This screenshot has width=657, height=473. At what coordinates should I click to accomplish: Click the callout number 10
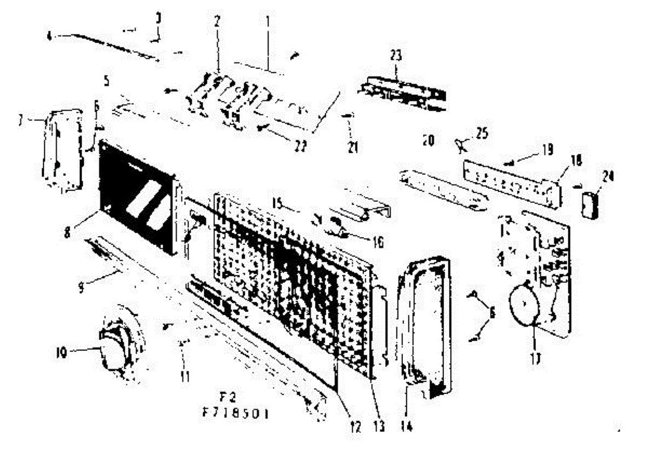coord(60,354)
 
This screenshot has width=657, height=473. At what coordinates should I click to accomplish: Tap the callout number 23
coord(396,55)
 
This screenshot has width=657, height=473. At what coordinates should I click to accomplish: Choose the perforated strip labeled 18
coord(512,180)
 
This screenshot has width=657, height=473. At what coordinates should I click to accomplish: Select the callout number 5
coord(106,81)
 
